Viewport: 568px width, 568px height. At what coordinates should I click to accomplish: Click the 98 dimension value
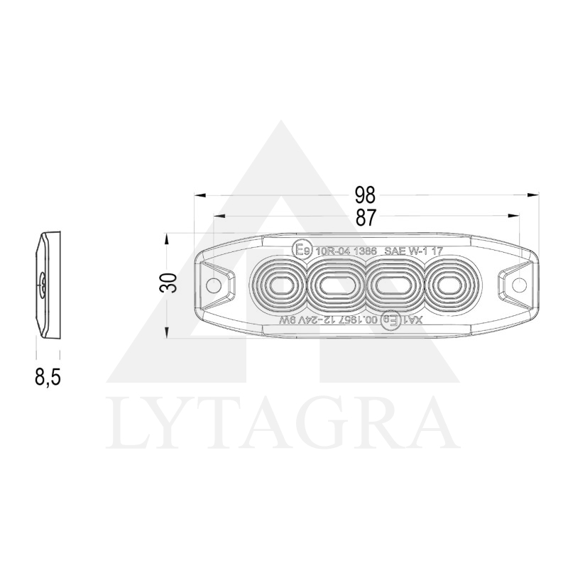pos(366,195)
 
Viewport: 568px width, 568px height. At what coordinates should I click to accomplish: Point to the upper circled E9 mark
pos(302,250)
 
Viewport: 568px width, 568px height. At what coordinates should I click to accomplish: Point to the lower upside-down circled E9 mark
pos(390,321)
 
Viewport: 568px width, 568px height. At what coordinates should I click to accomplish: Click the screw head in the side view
pos(43,285)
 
